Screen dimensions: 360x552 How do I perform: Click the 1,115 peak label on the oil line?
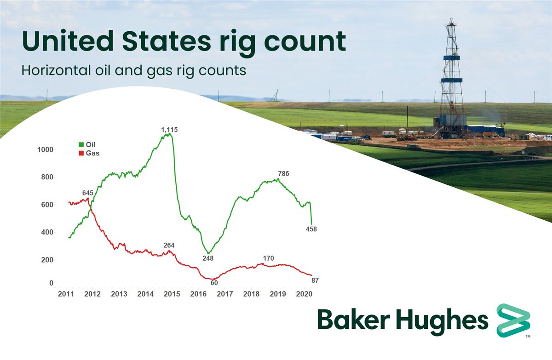coord(169,130)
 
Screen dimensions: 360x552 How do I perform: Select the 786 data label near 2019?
coord(284,173)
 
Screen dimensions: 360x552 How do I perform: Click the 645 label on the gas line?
coord(88,193)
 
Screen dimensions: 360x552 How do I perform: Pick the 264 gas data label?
coord(169,245)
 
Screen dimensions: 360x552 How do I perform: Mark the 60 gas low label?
coord(214,283)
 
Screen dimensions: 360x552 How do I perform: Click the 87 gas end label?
coord(315,280)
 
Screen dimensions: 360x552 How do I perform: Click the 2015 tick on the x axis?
coord(172,294)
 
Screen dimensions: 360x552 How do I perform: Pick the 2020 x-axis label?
coord(304,294)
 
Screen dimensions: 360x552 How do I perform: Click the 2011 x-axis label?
coord(66,294)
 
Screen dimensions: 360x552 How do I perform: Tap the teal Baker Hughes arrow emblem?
coord(513,320)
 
